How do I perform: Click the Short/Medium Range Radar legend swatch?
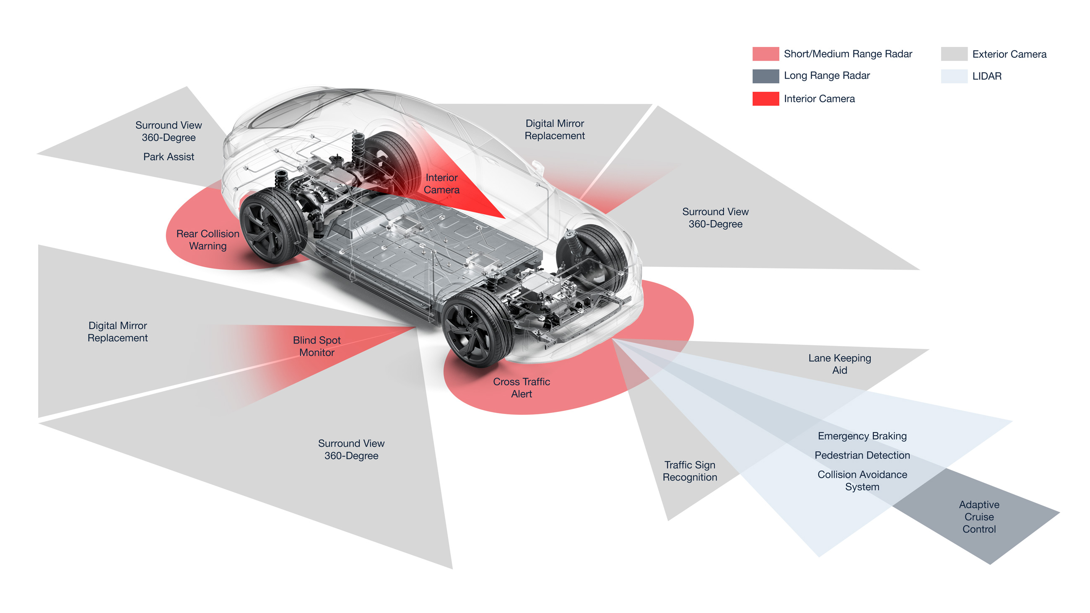tap(765, 54)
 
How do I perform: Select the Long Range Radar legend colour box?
tap(765, 76)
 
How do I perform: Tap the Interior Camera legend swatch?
tap(765, 98)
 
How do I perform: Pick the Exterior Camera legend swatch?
tap(954, 54)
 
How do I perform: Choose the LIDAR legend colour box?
tap(954, 76)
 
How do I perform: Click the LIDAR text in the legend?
tap(986, 76)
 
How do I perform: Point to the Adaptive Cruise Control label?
tap(979, 517)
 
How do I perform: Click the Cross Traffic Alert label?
tap(521, 388)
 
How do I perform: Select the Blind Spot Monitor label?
tap(317, 346)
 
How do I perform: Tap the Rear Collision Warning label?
tap(208, 239)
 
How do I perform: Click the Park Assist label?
tap(169, 157)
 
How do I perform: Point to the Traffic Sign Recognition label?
tap(690, 471)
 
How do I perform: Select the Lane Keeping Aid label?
tap(839, 364)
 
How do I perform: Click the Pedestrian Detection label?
tap(862, 455)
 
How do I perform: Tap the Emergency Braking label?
tap(862, 436)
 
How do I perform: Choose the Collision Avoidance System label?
tap(862, 480)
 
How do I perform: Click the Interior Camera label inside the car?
tap(441, 184)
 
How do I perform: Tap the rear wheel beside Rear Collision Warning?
tap(273, 226)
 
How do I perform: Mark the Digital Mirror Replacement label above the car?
tap(554, 129)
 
